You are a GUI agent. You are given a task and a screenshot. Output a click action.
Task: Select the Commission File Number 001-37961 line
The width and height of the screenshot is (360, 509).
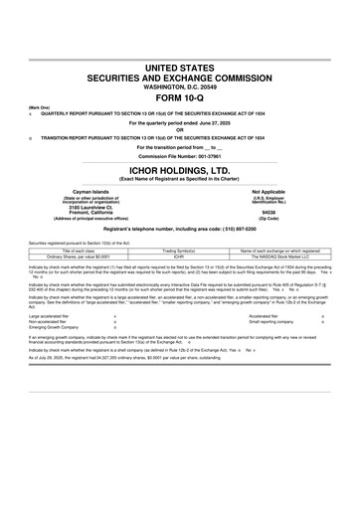tap(180, 156)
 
